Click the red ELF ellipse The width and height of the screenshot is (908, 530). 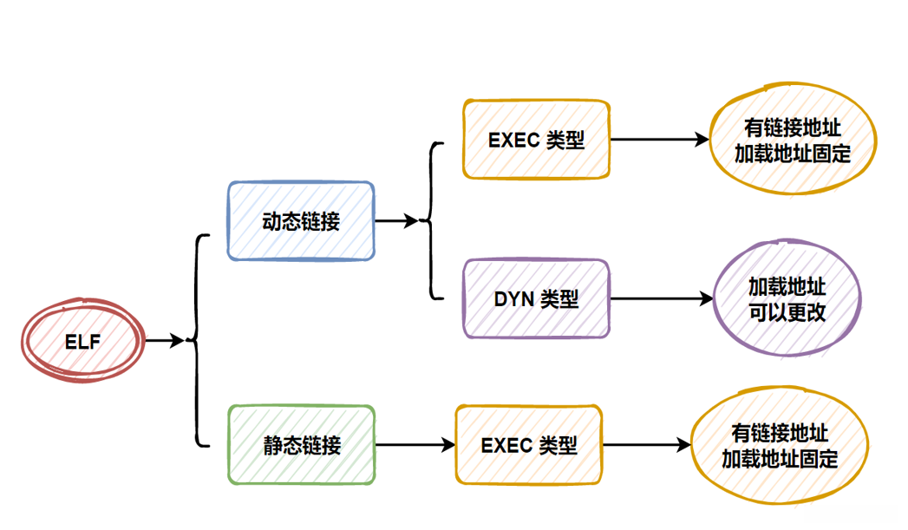tap(82, 342)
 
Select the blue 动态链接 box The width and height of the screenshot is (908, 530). tap(301, 220)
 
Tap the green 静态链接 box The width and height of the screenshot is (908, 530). tap(301, 444)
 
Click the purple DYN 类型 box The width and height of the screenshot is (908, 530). tap(536, 298)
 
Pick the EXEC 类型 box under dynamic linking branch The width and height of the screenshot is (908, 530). tap(536, 140)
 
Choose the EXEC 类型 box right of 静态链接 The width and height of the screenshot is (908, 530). tap(529, 444)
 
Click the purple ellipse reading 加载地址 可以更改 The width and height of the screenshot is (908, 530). tap(787, 298)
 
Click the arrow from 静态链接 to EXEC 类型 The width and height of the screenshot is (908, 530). tap(415, 445)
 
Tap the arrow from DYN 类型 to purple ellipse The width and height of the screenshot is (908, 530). tap(660, 299)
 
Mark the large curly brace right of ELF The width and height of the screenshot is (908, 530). tap(199, 341)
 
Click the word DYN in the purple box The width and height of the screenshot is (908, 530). tap(513, 299)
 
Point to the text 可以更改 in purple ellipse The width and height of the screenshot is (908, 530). tap(787, 311)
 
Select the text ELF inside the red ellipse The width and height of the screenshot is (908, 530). tap(82, 342)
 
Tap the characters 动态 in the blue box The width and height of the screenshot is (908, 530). tap(281, 221)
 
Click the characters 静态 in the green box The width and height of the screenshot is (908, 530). tap(282, 445)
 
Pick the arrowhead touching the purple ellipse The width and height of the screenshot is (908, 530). tap(706, 299)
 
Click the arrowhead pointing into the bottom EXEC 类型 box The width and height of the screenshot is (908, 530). tap(448, 445)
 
